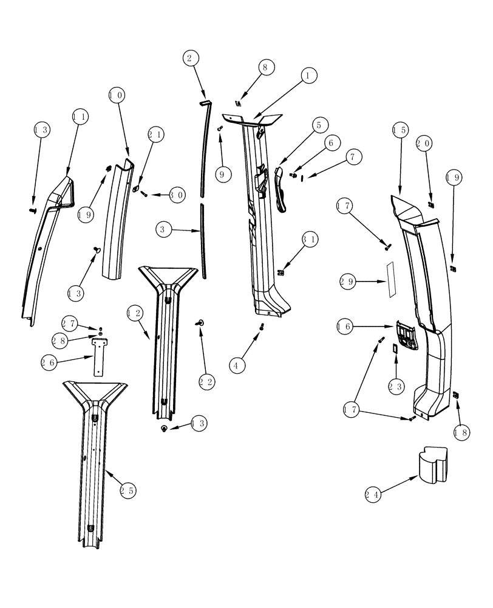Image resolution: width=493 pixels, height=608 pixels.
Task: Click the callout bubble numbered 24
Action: pyautogui.click(x=374, y=495)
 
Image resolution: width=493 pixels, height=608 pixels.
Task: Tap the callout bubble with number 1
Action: pyautogui.click(x=308, y=75)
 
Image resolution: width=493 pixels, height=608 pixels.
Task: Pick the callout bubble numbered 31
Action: pyautogui.click(x=310, y=240)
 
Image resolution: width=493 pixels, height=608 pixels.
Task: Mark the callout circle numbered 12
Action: pyautogui.click(x=135, y=314)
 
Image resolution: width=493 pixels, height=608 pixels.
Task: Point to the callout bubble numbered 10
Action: pyautogui.click(x=117, y=95)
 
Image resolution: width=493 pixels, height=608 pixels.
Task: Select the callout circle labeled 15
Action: pyautogui.click(x=399, y=130)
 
